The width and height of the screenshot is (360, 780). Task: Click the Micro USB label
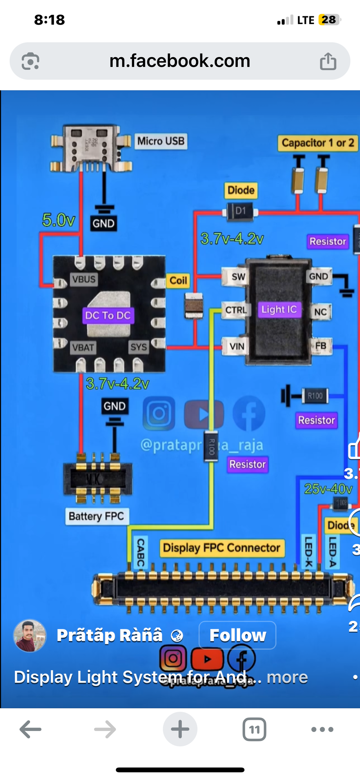pyautogui.click(x=161, y=141)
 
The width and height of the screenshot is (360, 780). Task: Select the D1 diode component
pyautogui.click(x=240, y=211)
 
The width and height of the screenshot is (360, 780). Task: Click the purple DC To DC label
pyautogui.click(x=108, y=315)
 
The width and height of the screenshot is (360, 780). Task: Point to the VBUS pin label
pyautogui.click(x=84, y=279)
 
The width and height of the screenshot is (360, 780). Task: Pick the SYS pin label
pyautogui.click(x=139, y=347)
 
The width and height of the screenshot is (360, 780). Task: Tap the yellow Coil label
pyautogui.click(x=178, y=280)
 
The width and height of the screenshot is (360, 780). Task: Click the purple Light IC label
pyautogui.click(x=279, y=309)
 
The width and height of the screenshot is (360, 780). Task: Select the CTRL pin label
pyautogui.click(x=236, y=310)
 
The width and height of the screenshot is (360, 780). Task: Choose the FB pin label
pyautogui.click(x=321, y=346)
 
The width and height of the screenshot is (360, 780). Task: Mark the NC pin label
pyautogui.click(x=320, y=312)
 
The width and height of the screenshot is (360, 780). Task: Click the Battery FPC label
pyautogui.click(x=96, y=516)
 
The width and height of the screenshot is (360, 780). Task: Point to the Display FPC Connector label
pyautogui.click(x=221, y=548)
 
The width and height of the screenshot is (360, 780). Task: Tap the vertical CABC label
pyautogui.click(x=140, y=552)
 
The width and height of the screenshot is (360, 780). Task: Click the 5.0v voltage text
pyautogui.click(x=59, y=220)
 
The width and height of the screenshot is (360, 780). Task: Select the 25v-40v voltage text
pyautogui.click(x=328, y=489)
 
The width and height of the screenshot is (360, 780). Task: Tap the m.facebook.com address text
pyautogui.click(x=180, y=61)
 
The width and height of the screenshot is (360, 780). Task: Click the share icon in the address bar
pyautogui.click(x=328, y=61)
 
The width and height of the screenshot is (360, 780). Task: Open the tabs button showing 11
pyautogui.click(x=254, y=729)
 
